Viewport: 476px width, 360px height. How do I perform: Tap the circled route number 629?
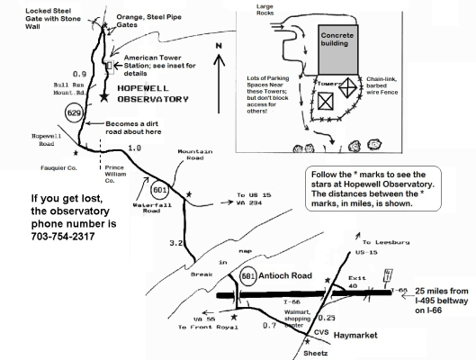(x=76, y=113)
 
